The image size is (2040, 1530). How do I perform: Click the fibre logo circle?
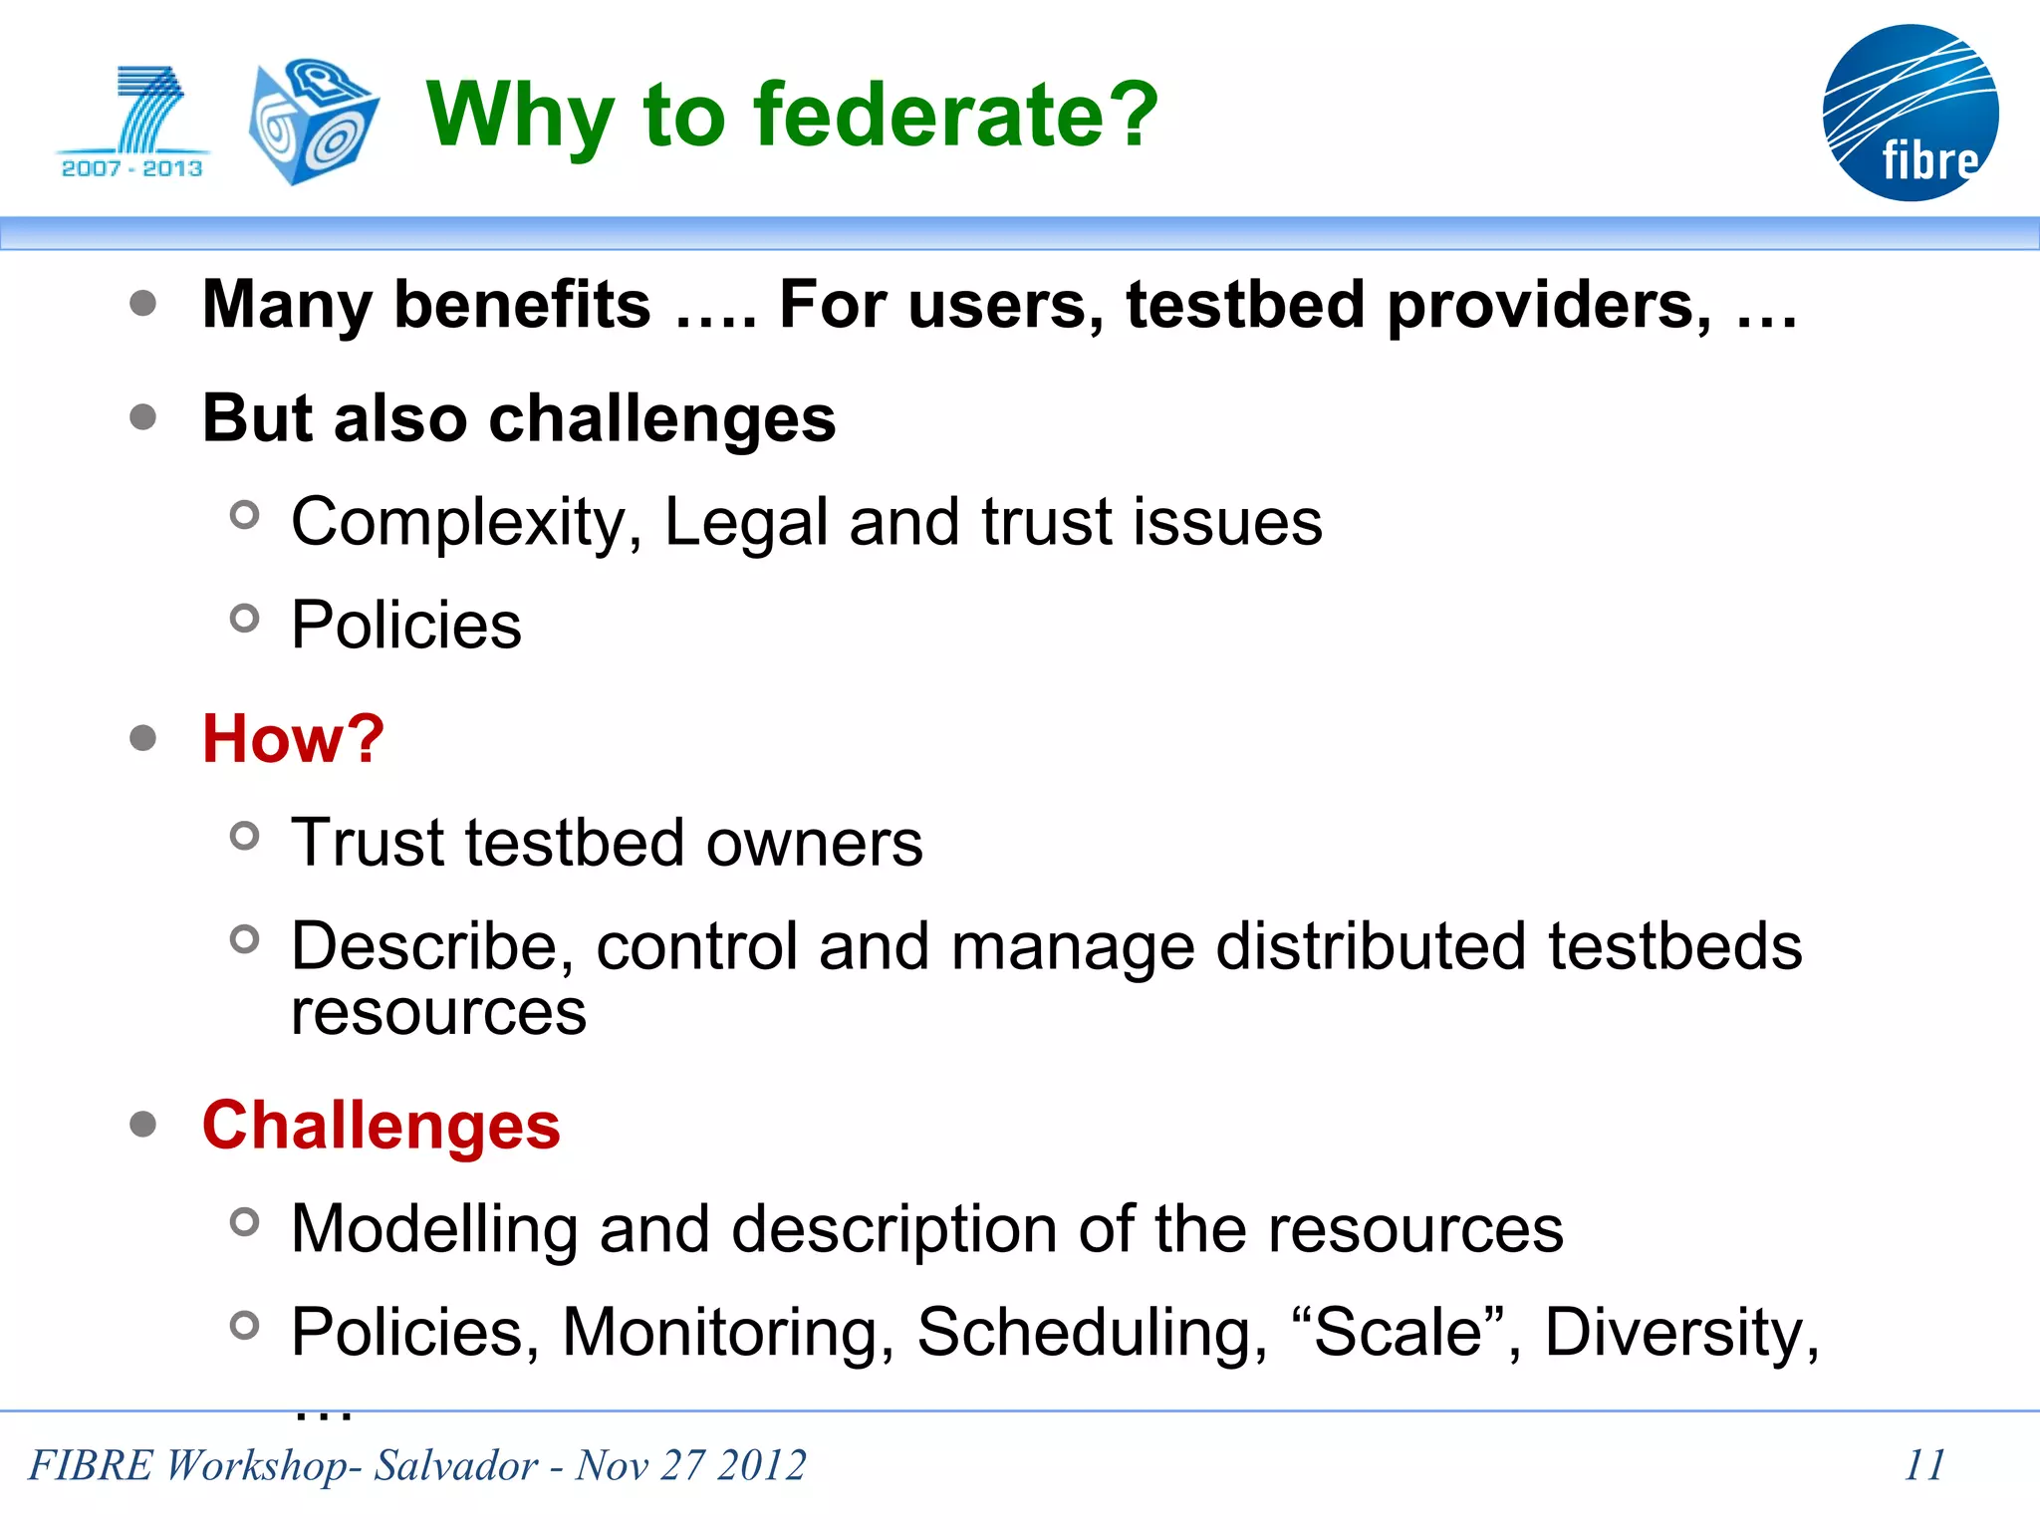coord(1910,113)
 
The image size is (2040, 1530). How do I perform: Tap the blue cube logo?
coord(313,122)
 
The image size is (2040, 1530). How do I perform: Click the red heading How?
coord(293,739)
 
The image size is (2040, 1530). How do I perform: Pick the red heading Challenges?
coord(381,1126)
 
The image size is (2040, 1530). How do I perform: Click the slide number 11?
coord(1923,1465)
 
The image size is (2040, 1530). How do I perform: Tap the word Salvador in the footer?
coord(455,1465)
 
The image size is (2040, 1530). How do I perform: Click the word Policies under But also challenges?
coord(405,626)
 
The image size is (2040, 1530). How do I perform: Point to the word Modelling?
coord(434,1228)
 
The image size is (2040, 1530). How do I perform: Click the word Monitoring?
coord(727,1332)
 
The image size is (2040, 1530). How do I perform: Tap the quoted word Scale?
coord(1399,1332)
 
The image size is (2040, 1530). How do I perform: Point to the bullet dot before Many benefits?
coord(143,303)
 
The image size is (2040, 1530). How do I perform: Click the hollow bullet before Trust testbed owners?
coord(244,836)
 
